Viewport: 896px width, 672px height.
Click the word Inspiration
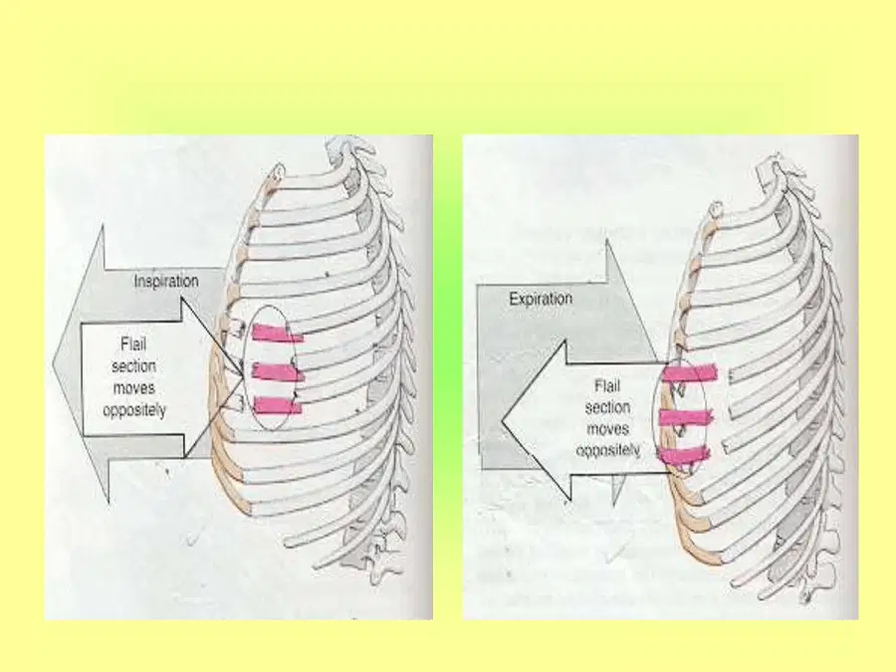click(x=166, y=282)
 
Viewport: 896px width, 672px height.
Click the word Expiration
click(x=541, y=299)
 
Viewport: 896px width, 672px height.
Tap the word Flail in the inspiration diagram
click(x=133, y=344)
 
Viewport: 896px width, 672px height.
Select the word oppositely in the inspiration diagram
click(x=134, y=410)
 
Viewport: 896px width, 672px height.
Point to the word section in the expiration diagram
click(x=607, y=407)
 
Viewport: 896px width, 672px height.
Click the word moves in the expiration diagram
click(x=607, y=428)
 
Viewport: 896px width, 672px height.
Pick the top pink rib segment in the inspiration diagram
click(x=277, y=334)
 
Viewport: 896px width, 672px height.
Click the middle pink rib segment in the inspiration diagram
click(x=278, y=372)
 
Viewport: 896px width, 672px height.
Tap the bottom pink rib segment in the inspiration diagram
click(x=277, y=405)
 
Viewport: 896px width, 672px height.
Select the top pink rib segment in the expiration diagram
click(x=689, y=373)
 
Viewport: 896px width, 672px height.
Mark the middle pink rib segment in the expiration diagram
click(x=686, y=417)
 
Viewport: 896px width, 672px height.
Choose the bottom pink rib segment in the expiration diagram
click(x=684, y=455)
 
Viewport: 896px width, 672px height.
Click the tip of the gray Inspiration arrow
click(x=53, y=364)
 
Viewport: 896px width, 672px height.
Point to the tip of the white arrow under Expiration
click(x=502, y=421)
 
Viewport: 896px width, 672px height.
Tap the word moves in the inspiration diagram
click(x=133, y=388)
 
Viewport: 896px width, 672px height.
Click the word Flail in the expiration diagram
click(x=607, y=386)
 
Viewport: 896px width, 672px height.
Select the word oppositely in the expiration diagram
click(x=607, y=450)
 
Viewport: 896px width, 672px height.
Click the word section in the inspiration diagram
click(x=133, y=366)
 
